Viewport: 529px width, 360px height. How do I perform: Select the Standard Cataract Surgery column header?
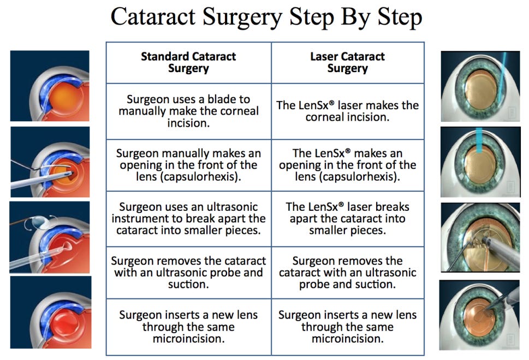click(x=188, y=62)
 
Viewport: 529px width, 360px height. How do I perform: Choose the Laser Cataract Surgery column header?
click(x=347, y=62)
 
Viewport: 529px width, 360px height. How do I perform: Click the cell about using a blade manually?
click(x=188, y=111)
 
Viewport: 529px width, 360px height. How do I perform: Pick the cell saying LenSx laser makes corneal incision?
click(x=347, y=111)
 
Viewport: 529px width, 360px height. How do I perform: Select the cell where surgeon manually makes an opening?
click(x=188, y=165)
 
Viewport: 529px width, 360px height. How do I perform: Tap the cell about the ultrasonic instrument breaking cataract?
click(x=188, y=219)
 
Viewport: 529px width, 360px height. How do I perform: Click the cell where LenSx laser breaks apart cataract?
click(x=347, y=219)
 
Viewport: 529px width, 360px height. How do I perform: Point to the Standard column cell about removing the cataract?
click(x=188, y=272)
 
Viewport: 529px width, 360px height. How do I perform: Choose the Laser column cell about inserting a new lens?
click(x=347, y=327)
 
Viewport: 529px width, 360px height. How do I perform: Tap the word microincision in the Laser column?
click(x=347, y=339)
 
